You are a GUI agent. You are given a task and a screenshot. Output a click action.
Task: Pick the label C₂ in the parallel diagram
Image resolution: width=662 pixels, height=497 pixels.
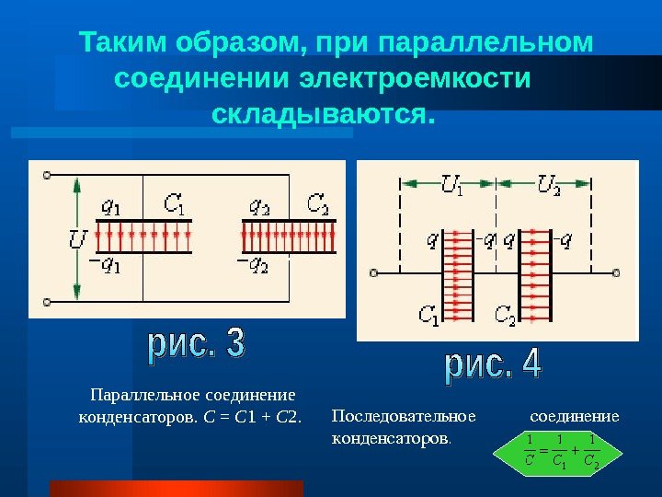point(318,202)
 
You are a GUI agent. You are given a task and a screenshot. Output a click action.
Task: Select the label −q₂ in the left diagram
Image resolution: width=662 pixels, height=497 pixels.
point(254,266)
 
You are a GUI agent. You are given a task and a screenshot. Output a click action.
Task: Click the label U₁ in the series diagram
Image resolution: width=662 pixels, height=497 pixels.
point(451,187)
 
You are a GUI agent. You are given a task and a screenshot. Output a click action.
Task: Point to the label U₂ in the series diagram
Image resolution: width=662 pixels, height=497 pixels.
point(548,187)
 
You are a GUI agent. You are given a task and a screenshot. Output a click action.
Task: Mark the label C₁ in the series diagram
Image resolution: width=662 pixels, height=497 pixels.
point(428,317)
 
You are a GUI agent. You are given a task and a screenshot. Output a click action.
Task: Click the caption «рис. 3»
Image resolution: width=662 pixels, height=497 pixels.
point(196,346)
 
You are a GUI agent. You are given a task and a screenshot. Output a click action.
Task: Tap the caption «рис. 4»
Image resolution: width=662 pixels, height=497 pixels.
point(495,365)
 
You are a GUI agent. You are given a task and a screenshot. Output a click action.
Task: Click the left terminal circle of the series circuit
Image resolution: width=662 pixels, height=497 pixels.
point(374,272)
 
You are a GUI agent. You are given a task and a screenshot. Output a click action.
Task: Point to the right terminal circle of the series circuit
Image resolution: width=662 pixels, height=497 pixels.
point(617,272)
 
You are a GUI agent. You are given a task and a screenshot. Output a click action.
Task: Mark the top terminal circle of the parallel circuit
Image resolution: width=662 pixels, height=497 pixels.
point(46,171)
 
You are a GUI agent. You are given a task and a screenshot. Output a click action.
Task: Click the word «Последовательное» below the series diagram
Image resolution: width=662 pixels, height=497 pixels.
point(404,416)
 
